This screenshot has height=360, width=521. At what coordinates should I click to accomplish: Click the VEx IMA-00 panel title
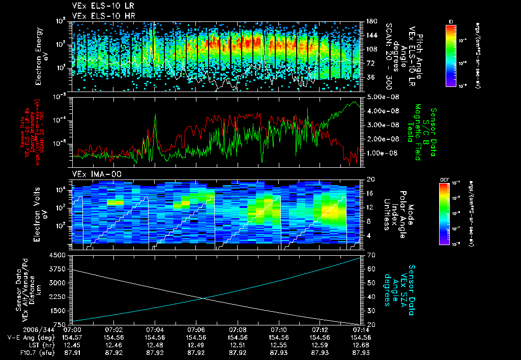point(93,174)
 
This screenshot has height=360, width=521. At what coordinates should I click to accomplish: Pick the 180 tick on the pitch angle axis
point(371,21)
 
